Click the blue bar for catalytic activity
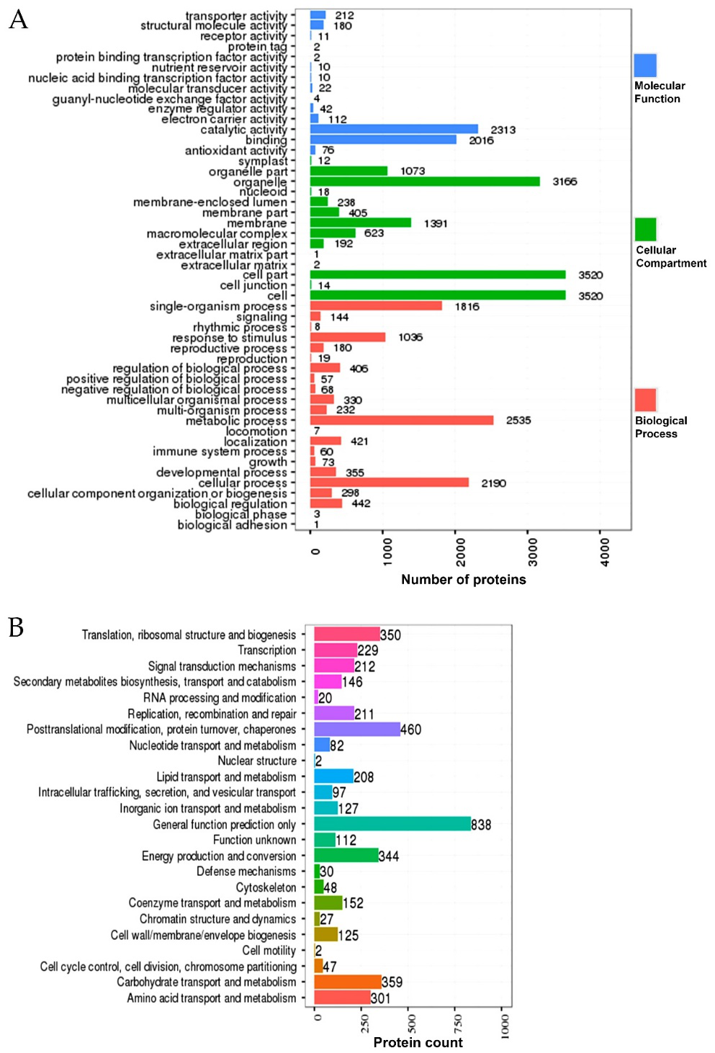coord(394,130)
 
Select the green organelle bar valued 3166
coord(425,182)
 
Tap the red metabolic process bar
coord(402,421)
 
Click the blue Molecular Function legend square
coord(645,66)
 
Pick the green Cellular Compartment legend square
coord(646,230)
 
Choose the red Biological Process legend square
coord(646,400)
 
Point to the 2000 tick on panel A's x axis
coord(460,552)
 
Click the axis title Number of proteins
coord(463,580)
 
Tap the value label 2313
coord(503,130)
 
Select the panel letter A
coord(18,19)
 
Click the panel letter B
coord(16,627)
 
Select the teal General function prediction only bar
coord(392,824)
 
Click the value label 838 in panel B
coord(481,825)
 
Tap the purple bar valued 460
coord(357,730)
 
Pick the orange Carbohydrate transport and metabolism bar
coord(348,982)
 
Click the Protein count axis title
coord(418,1042)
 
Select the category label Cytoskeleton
coord(266,887)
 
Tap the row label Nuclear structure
coord(257,761)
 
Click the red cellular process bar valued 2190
coord(390,483)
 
